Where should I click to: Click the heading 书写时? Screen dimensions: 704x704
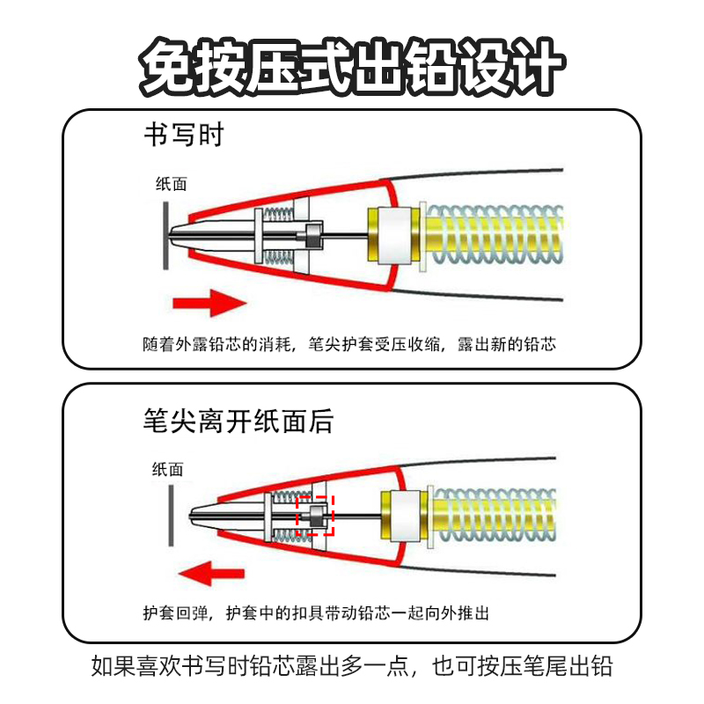(x=184, y=136)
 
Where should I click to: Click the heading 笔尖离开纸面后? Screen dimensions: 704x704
(x=238, y=422)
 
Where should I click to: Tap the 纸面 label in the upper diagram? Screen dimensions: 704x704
(x=171, y=184)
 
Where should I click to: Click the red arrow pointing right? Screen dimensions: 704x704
(x=208, y=303)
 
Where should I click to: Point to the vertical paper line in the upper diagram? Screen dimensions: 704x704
(x=165, y=237)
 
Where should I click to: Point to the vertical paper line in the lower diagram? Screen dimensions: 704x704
(x=171, y=515)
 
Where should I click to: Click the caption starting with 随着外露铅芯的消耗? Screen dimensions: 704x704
(x=349, y=344)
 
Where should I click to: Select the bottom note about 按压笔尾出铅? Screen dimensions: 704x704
(x=352, y=666)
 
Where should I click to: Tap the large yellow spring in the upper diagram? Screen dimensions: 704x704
(x=493, y=236)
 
